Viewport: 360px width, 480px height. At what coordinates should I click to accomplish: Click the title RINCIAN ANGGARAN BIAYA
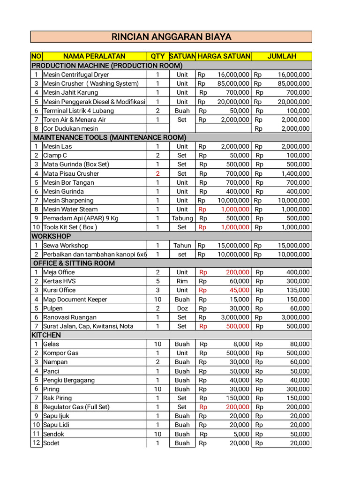click(x=171, y=37)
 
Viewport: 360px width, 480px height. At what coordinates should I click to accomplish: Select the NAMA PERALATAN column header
click(x=94, y=56)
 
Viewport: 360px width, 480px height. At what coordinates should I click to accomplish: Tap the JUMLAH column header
click(x=282, y=56)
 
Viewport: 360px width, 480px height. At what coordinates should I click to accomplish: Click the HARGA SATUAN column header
click(x=224, y=56)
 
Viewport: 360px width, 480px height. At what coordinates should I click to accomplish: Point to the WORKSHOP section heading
click(x=51, y=236)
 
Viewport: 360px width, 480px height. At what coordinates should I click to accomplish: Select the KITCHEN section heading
click(x=46, y=335)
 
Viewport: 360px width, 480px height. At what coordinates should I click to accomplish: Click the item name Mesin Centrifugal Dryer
click(x=76, y=75)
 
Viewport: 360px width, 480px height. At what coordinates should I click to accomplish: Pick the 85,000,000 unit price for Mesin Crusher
click(x=233, y=83)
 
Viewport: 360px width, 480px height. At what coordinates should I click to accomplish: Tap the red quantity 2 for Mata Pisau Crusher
click(x=157, y=173)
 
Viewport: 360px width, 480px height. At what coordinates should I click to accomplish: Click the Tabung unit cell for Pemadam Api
click(x=182, y=218)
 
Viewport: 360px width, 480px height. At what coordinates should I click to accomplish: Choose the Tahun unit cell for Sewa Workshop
click(x=182, y=245)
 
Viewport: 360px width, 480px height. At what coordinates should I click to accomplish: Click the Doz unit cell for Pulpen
click(x=182, y=308)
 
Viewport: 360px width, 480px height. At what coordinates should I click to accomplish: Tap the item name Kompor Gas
click(x=61, y=353)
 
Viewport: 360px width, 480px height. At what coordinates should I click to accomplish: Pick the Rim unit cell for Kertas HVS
click(x=182, y=281)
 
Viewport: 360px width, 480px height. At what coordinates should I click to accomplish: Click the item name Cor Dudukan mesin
click(x=70, y=128)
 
